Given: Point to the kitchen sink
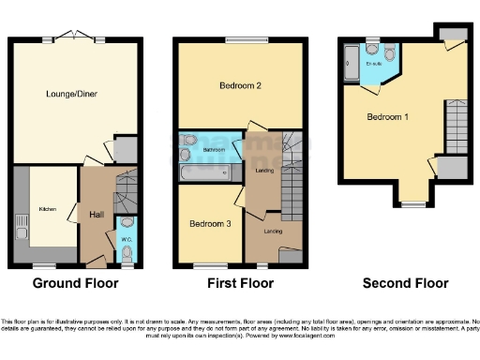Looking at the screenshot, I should click(21, 226).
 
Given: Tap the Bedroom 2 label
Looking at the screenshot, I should click(239, 85).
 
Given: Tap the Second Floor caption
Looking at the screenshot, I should click(406, 283).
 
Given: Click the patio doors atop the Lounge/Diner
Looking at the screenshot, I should click(77, 38).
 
